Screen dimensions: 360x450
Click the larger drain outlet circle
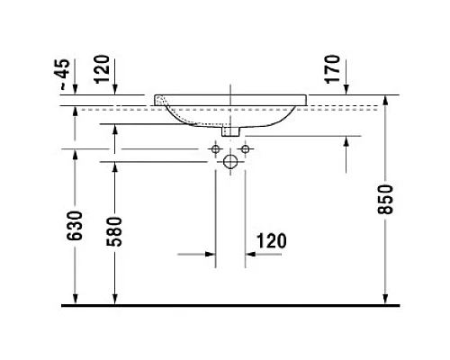click(230, 163)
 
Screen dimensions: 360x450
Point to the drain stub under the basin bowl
click(230, 132)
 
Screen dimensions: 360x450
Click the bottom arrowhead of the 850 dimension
click(385, 301)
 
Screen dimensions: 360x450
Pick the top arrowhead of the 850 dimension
click(385, 99)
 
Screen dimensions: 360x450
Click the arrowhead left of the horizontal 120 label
click(211, 255)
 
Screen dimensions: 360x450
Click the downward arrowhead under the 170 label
click(346, 90)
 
